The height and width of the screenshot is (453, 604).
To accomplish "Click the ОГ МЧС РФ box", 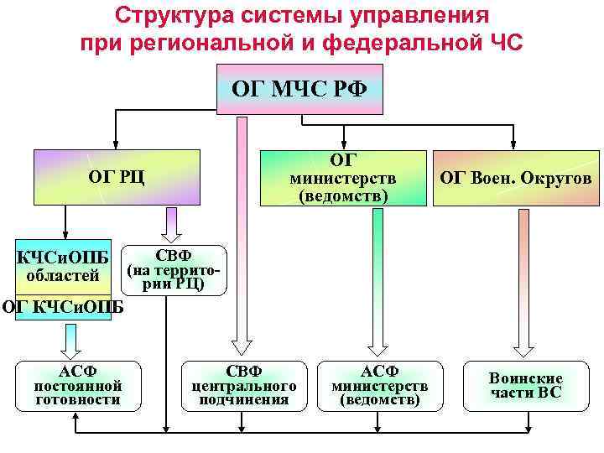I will click(x=299, y=89).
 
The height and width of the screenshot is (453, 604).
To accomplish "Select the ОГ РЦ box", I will click(x=117, y=177).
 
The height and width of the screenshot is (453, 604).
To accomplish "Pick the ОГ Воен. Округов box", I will click(x=516, y=178).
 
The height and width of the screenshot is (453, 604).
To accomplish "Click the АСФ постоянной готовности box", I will click(x=78, y=386).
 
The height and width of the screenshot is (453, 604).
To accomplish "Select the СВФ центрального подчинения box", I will click(x=245, y=386).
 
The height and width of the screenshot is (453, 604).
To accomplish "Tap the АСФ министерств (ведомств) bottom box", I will click(x=379, y=386).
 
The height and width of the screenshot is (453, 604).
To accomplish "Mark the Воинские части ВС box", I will click(x=526, y=386).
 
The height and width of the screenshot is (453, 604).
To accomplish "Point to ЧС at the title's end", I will click(x=503, y=42).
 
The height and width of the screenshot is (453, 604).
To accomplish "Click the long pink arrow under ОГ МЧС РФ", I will click(x=242, y=235).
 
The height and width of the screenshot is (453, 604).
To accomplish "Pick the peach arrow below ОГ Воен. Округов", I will click(x=524, y=277).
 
